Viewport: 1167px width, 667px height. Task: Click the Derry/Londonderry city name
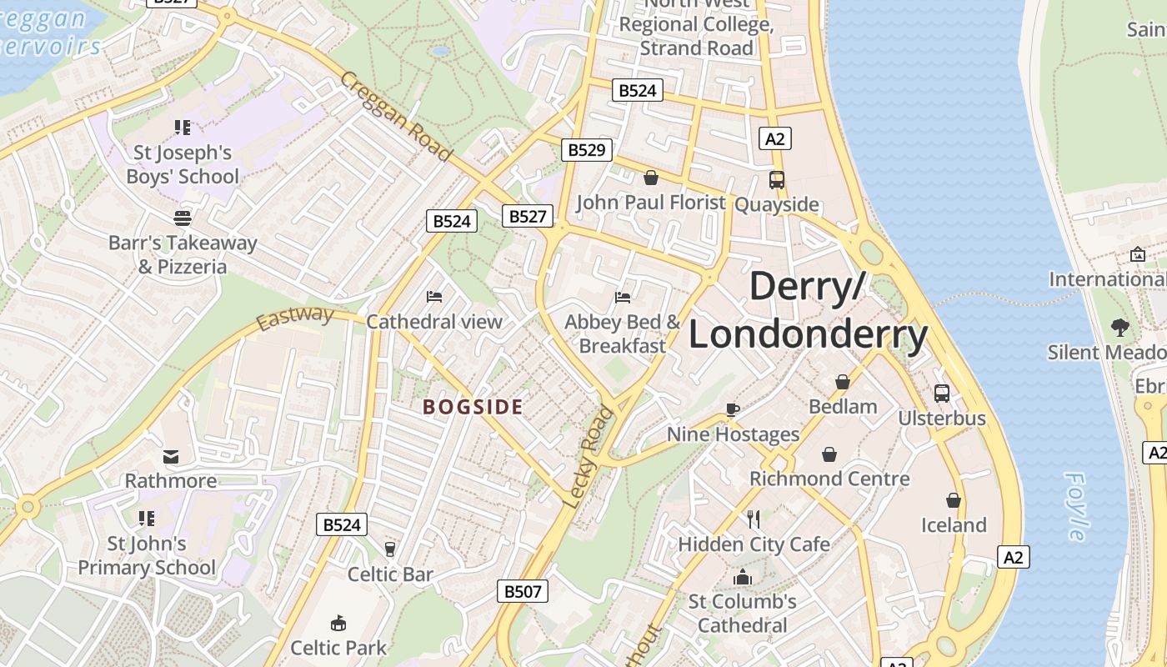(808, 311)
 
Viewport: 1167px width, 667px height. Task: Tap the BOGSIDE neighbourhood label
(473, 408)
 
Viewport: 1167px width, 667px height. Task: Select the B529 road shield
(586, 150)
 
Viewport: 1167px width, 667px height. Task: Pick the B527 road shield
(528, 217)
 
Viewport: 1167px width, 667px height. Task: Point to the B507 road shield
(523, 592)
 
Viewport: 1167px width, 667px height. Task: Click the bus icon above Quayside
(776, 179)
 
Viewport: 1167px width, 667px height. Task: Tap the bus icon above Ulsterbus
(941, 393)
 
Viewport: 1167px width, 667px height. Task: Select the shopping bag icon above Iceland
(953, 500)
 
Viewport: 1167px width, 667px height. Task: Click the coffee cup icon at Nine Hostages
(732, 409)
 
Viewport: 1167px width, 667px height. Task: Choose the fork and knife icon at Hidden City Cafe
(754, 519)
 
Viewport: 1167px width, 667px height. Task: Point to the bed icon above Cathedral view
(433, 296)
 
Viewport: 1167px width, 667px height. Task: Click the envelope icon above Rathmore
(171, 456)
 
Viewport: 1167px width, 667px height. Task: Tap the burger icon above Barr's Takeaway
(183, 218)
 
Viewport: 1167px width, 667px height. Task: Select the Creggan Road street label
(396, 116)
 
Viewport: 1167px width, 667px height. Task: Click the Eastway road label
(294, 318)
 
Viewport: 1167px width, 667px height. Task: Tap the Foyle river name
(1076, 506)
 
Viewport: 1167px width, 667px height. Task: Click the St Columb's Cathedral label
(742, 613)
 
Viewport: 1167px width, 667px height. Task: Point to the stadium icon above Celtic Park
(338, 623)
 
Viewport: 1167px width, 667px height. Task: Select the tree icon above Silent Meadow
(1119, 327)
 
